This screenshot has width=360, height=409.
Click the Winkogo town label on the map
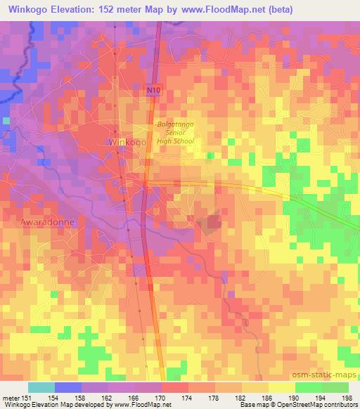(x=127, y=142)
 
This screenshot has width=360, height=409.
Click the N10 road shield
(x=154, y=90)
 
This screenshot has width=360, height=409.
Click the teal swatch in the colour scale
(x=41, y=388)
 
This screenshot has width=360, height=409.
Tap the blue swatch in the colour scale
(x=67, y=388)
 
